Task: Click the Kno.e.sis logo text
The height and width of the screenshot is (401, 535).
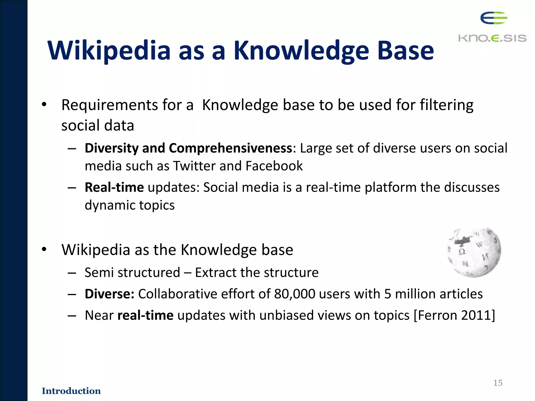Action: click(492, 38)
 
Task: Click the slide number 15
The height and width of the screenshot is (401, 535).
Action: click(498, 383)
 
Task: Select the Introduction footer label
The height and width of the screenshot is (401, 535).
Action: click(71, 391)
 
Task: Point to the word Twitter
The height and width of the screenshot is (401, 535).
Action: click(195, 166)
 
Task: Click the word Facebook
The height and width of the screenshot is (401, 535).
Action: click(274, 166)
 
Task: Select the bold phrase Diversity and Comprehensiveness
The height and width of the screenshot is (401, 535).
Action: click(188, 148)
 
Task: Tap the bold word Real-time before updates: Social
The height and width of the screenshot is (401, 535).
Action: click(114, 187)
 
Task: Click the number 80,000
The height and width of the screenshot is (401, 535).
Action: click(295, 294)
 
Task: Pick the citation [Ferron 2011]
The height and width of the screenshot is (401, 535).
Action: click(454, 315)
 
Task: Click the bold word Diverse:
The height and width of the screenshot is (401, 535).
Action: click(109, 294)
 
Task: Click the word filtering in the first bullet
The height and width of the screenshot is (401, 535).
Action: click(446, 105)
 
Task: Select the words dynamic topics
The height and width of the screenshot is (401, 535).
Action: click(130, 205)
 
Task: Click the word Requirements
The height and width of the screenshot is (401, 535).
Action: click(109, 105)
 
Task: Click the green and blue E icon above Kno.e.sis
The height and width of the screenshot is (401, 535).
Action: click(493, 18)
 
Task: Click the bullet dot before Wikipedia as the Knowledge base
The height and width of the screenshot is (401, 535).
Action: click(44, 250)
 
